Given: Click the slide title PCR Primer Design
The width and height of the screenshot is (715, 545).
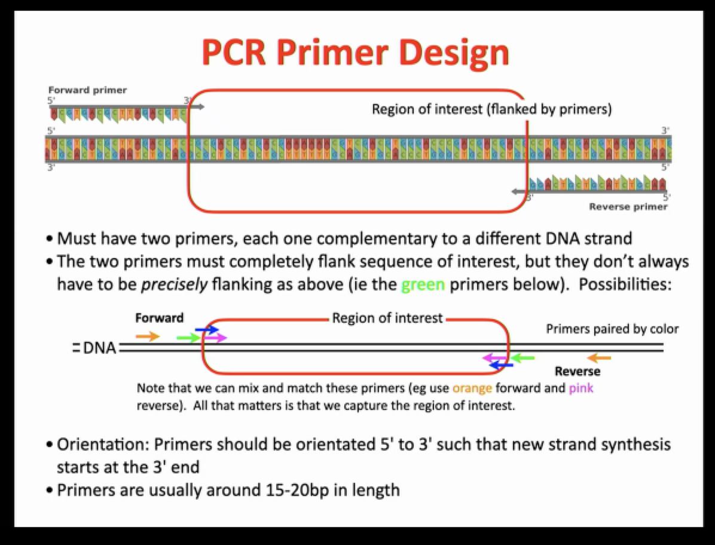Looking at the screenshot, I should click(x=355, y=53).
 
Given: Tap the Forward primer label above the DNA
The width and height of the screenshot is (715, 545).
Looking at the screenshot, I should click(x=88, y=90).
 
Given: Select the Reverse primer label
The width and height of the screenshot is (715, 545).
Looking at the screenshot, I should click(x=628, y=207).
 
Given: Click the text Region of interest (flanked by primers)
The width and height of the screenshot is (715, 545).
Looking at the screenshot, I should click(x=491, y=110).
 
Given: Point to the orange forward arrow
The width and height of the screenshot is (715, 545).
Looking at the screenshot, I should click(x=148, y=336).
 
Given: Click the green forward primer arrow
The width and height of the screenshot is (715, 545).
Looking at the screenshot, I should click(x=188, y=338).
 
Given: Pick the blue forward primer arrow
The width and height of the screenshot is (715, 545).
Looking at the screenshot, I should click(x=207, y=329).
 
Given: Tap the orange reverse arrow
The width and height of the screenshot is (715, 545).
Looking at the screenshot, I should click(x=599, y=358).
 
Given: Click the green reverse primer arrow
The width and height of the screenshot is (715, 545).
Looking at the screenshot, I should click(x=523, y=359).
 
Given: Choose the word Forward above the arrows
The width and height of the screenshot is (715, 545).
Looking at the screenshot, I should click(x=160, y=318).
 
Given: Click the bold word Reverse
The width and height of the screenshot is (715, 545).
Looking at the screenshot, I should click(x=577, y=372).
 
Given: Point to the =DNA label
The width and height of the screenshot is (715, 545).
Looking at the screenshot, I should click(x=94, y=348).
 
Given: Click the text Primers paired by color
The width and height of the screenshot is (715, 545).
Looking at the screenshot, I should click(x=612, y=329).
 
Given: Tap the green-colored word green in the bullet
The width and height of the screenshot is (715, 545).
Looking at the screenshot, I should click(x=423, y=284).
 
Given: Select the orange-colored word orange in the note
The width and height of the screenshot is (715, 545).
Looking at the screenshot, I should click(x=472, y=388).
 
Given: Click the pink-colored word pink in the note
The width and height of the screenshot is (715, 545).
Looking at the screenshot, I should click(x=580, y=388).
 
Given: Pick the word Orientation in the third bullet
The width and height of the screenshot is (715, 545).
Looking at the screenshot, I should click(x=101, y=445).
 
